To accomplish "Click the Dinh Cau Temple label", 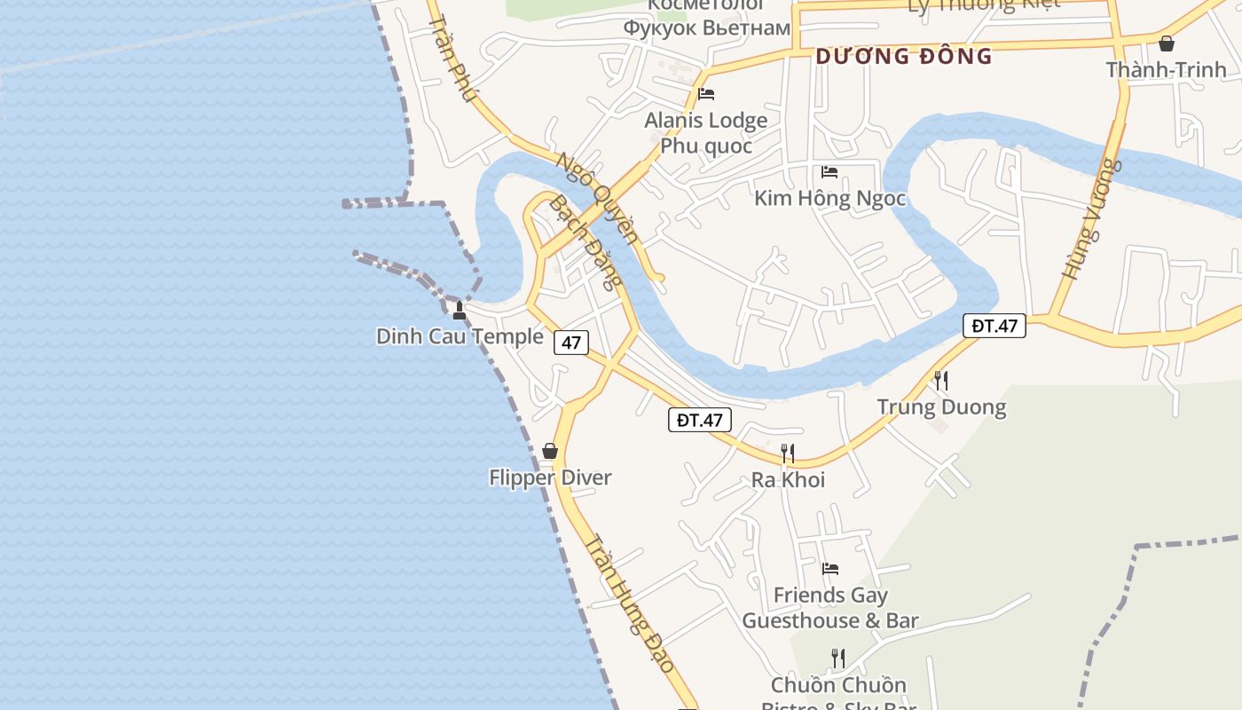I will click(460, 336).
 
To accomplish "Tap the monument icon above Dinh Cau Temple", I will click(459, 310).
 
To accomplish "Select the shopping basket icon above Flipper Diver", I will click(550, 451).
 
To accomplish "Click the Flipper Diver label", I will click(550, 477).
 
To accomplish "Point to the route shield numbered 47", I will click(571, 343).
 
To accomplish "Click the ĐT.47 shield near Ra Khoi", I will click(700, 420).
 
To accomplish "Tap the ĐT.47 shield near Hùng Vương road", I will click(994, 326).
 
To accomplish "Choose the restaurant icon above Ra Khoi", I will click(787, 454).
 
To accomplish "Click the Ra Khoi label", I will click(788, 480).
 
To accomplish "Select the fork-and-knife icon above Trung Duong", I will click(941, 381).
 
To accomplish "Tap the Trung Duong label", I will click(941, 407).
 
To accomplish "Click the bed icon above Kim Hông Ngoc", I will click(829, 171).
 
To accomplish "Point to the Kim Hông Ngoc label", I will click(829, 198).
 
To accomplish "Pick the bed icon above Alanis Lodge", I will click(706, 93).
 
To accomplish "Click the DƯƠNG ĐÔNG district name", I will click(903, 56).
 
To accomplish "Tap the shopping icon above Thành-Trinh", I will click(1167, 43).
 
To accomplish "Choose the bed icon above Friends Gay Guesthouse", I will click(830, 568).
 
